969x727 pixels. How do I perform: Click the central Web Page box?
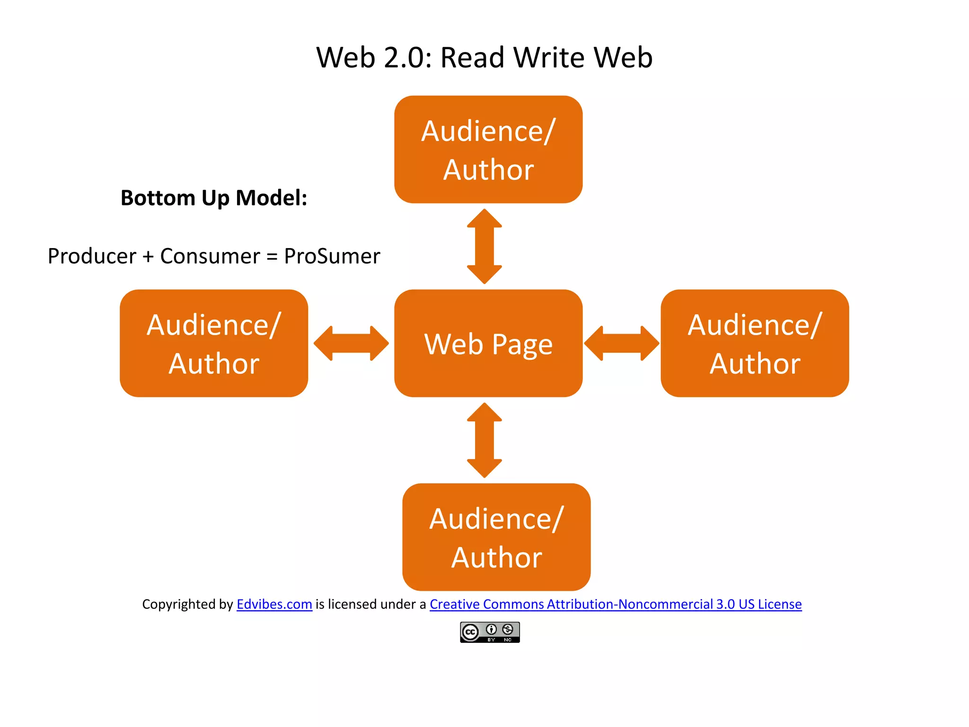[488, 344]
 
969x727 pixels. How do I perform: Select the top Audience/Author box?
[488, 150]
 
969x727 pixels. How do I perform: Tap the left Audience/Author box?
[214, 344]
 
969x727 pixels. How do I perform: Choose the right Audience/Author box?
[755, 344]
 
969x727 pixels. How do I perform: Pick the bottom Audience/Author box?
[496, 537]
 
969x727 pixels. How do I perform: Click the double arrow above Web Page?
[484, 246]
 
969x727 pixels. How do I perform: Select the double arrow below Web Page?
[484, 440]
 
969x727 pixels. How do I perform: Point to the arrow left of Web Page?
[351, 343]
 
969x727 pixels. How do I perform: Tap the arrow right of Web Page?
[621, 343]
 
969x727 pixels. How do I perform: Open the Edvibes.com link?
[274, 604]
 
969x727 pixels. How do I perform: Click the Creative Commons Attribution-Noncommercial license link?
[616, 604]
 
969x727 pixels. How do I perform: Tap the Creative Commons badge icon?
[490, 632]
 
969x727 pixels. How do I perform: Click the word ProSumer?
[332, 256]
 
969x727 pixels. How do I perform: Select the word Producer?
[92, 256]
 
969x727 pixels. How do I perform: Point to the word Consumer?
[210, 256]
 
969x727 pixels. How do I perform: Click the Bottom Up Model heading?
[214, 198]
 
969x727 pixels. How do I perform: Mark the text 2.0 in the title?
[407, 58]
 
